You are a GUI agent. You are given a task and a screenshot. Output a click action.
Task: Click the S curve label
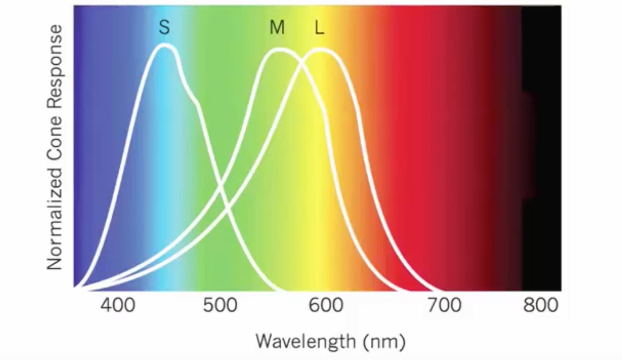(x=164, y=27)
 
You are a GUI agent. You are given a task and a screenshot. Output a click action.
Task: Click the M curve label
(x=277, y=27)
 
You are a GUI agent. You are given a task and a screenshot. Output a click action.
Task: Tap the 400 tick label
(x=118, y=305)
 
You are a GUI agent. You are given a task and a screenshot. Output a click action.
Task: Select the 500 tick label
(x=220, y=305)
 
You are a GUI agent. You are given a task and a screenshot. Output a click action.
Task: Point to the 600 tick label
(x=326, y=305)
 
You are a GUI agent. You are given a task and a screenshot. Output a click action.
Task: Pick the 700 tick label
(x=444, y=305)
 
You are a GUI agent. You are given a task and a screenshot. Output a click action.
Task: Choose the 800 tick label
(x=540, y=305)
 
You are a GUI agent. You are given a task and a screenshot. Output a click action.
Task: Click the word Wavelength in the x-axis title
(x=305, y=341)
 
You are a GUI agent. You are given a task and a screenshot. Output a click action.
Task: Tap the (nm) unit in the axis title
(x=384, y=342)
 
